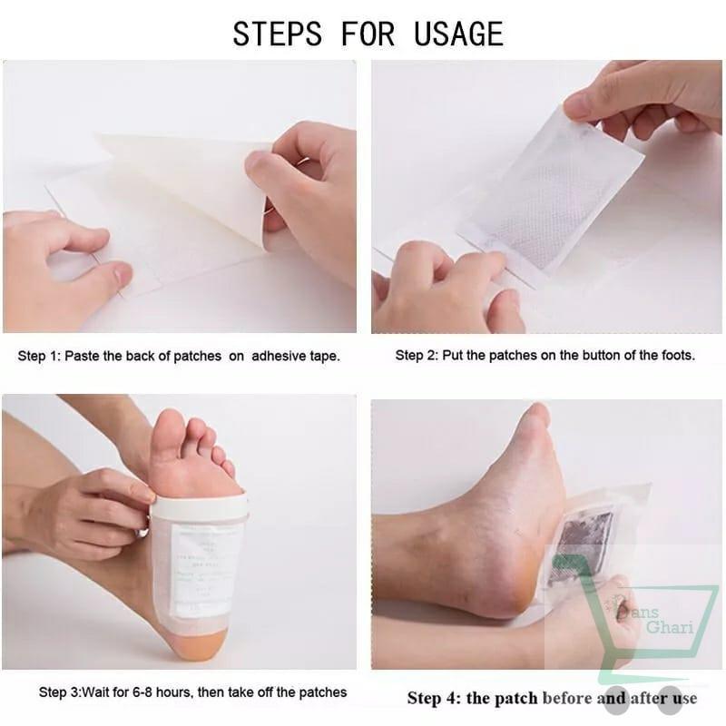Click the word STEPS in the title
click(x=277, y=33)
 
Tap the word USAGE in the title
click(x=458, y=33)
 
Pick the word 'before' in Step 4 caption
click(x=569, y=697)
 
